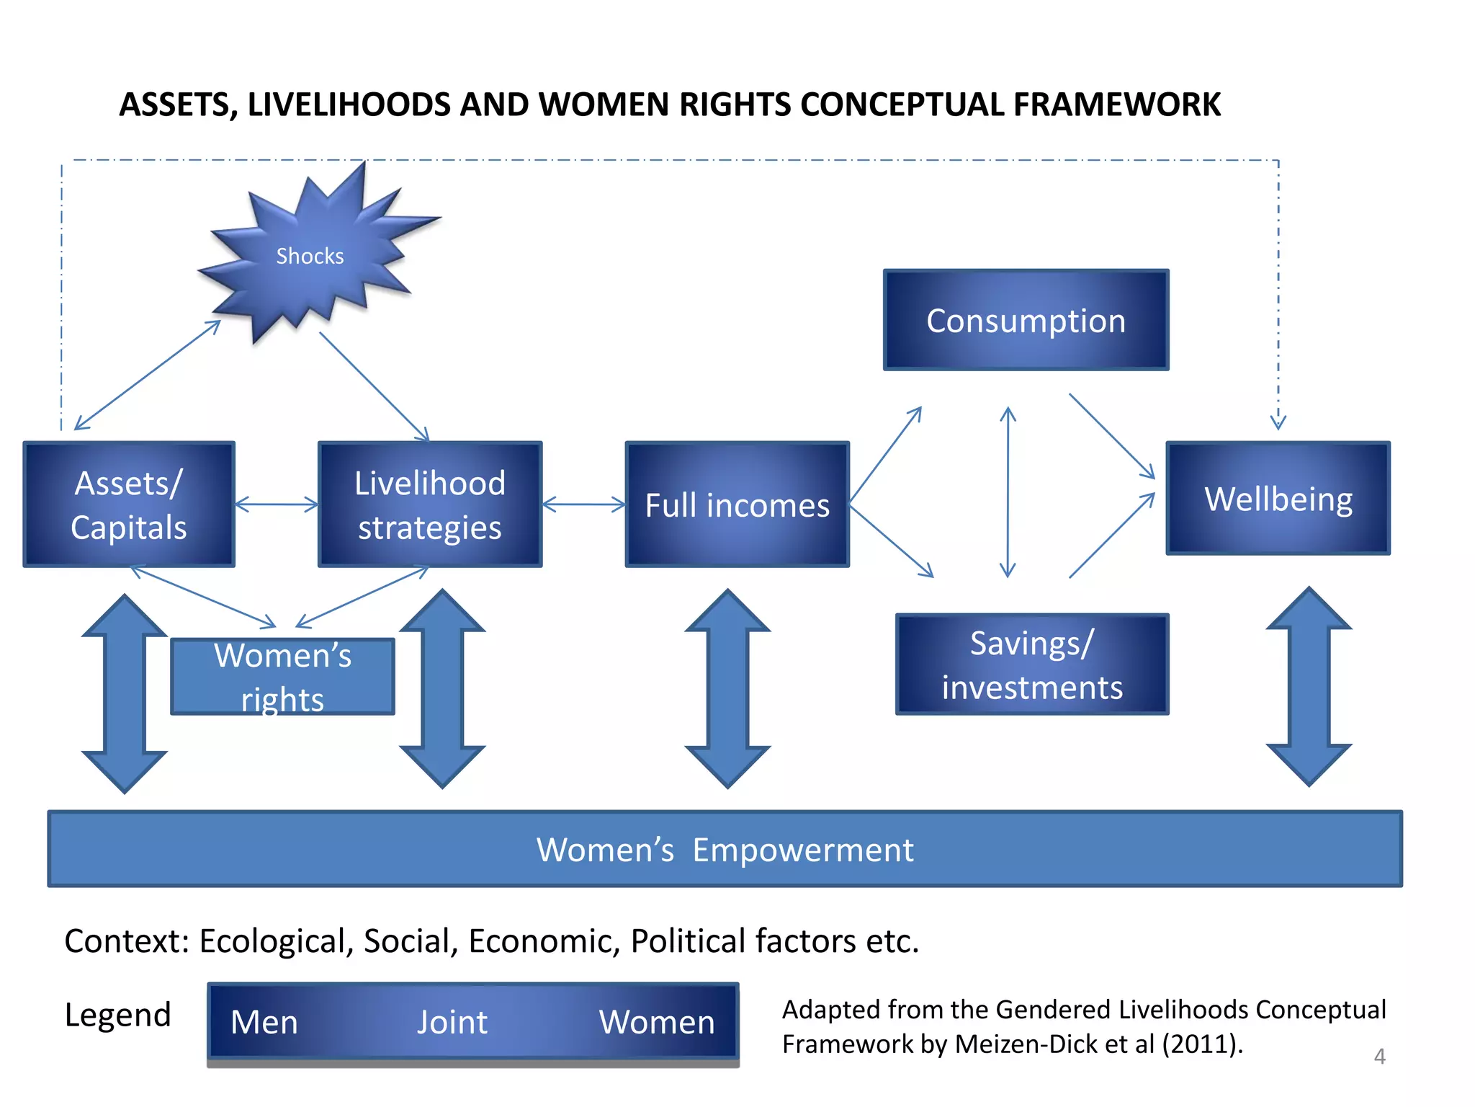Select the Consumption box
tap(1026, 321)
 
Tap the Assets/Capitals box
tap(129, 504)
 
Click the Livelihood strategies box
tap(430, 504)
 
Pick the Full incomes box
tap(737, 504)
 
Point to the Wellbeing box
tap(1278, 499)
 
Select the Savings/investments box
tap(1031, 664)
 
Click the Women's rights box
tap(282, 676)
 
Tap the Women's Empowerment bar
tap(725, 849)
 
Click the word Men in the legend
tap(264, 1022)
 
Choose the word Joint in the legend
tap(452, 1022)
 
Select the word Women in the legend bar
tap(657, 1022)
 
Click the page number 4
tap(1379, 1057)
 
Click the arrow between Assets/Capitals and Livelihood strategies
tap(277, 504)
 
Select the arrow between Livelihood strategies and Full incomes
tap(583, 504)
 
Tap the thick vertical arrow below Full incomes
tap(727, 689)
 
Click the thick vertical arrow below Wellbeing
tap(1309, 686)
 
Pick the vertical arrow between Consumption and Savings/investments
tap(1008, 492)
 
